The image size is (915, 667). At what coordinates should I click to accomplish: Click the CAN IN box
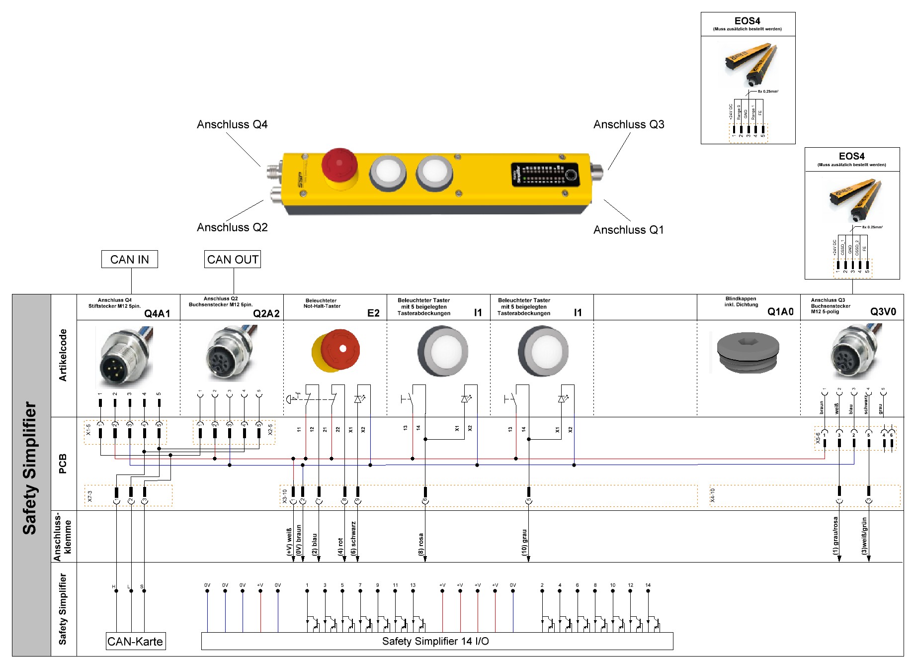[x=129, y=259]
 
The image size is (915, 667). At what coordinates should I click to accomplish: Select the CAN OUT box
[x=233, y=259]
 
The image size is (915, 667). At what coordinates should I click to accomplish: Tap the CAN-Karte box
[x=135, y=641]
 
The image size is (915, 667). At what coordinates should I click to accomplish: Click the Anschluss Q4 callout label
[x=232, y=124]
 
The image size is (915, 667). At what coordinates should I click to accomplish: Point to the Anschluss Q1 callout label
[x=628, y=230]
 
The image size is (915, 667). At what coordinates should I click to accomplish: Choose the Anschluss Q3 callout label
[x=629, y=124]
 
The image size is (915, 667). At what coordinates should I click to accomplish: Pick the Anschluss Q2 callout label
[x=232, y=227]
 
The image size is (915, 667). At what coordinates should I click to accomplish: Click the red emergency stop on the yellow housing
[x=339, y=165]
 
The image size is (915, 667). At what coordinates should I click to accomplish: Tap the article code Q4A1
[x=157, y=313]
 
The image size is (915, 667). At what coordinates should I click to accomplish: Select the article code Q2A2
[x=266, y=313]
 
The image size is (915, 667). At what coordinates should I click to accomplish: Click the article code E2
[x=373, y=313]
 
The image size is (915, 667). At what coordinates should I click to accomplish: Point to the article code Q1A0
[x=780, y=312]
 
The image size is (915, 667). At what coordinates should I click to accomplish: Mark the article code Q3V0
[x=883, y=312]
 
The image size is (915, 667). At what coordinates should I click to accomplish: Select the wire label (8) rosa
[x=421, y=544]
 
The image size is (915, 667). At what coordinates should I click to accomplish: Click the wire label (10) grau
[x=524, y=542]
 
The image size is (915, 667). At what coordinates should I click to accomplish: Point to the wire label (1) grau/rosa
[x=835, y=536]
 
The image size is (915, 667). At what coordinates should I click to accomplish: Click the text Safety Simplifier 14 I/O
[x=435, y=641]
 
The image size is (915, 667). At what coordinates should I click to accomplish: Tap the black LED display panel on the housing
[x=545, y=175]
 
